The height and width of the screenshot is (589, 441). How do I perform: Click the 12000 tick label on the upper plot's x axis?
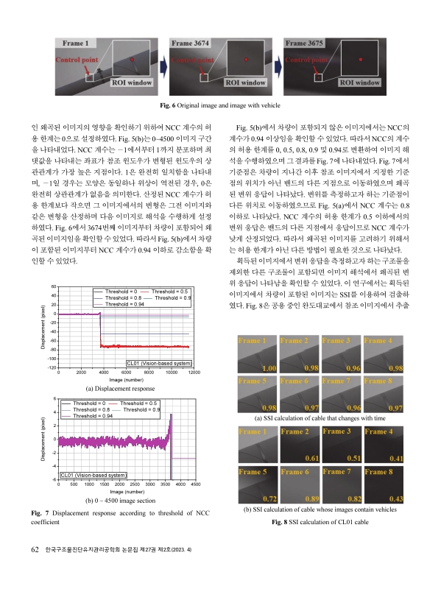click(194, 373)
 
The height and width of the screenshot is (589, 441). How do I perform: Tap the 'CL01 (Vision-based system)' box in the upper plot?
click(160, 362)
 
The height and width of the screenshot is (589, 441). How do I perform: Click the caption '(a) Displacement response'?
click(120, 387)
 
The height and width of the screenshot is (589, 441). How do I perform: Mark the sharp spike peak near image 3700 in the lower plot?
click(171, 415)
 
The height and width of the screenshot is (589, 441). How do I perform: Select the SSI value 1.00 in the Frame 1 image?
click(269, 367)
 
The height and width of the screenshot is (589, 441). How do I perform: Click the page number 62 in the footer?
click(35, 569)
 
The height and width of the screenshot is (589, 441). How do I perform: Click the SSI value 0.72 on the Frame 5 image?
click(269, 498)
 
